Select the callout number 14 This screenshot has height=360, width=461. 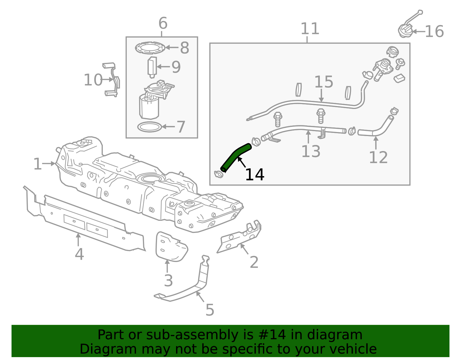pyautogui.click(x=255, y=175)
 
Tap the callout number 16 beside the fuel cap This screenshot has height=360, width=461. pyautogui.click(x=434, y=32)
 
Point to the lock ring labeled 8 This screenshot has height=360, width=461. pyautogui.click(x=150, y=48)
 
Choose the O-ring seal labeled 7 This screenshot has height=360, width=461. pyautogui.click(x=150, y=127)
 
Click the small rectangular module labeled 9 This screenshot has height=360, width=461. pyautogui.click(x=152, y=67)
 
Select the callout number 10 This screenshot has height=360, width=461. pyautogui.click(x=93, y=80)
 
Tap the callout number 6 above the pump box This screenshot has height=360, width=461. pyautogui.click(x=163, y=23)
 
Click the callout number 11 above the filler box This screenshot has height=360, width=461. pyautogui.click(x=310, y=29)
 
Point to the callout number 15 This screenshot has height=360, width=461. pyautogui.click(x=324, y=82)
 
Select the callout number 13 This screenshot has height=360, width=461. pyautogui.click(x=311, y=152)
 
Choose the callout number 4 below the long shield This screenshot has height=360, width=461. pyautogui.click(x=79, y=254)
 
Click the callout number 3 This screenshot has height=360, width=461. pyautogui.click(x=169, y=280)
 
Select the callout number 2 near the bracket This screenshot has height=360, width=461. pyautogui.click(x=254, y=262)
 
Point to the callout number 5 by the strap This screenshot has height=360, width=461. pyautogui.click(x=210, y=310)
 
